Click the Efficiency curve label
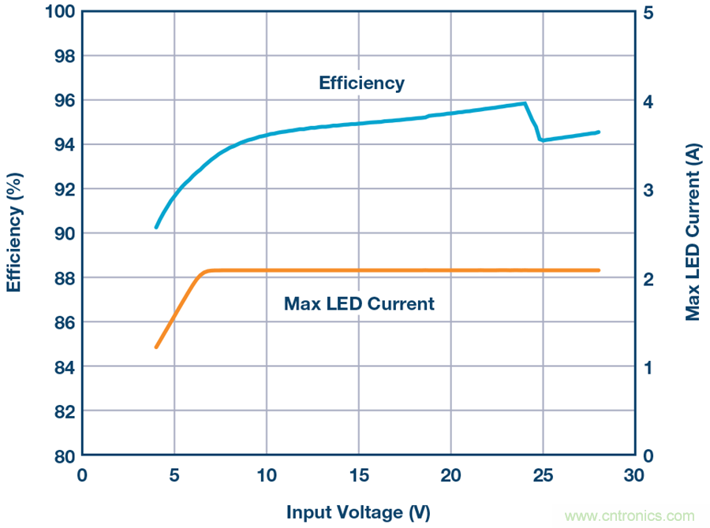(x=361, y=83)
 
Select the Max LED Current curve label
(x=359, y=303)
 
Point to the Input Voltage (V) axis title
(x=358, y=512)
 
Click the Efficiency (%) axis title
(x=14, y=234)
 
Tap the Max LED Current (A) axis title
(x=693, y=234)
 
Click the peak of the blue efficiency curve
(x=525, y=103)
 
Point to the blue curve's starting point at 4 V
(x=156, y=227)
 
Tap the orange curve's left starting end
(x=156, y=347)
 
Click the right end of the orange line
(x=598, y=270)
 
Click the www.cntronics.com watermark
(x=630, y=516)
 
